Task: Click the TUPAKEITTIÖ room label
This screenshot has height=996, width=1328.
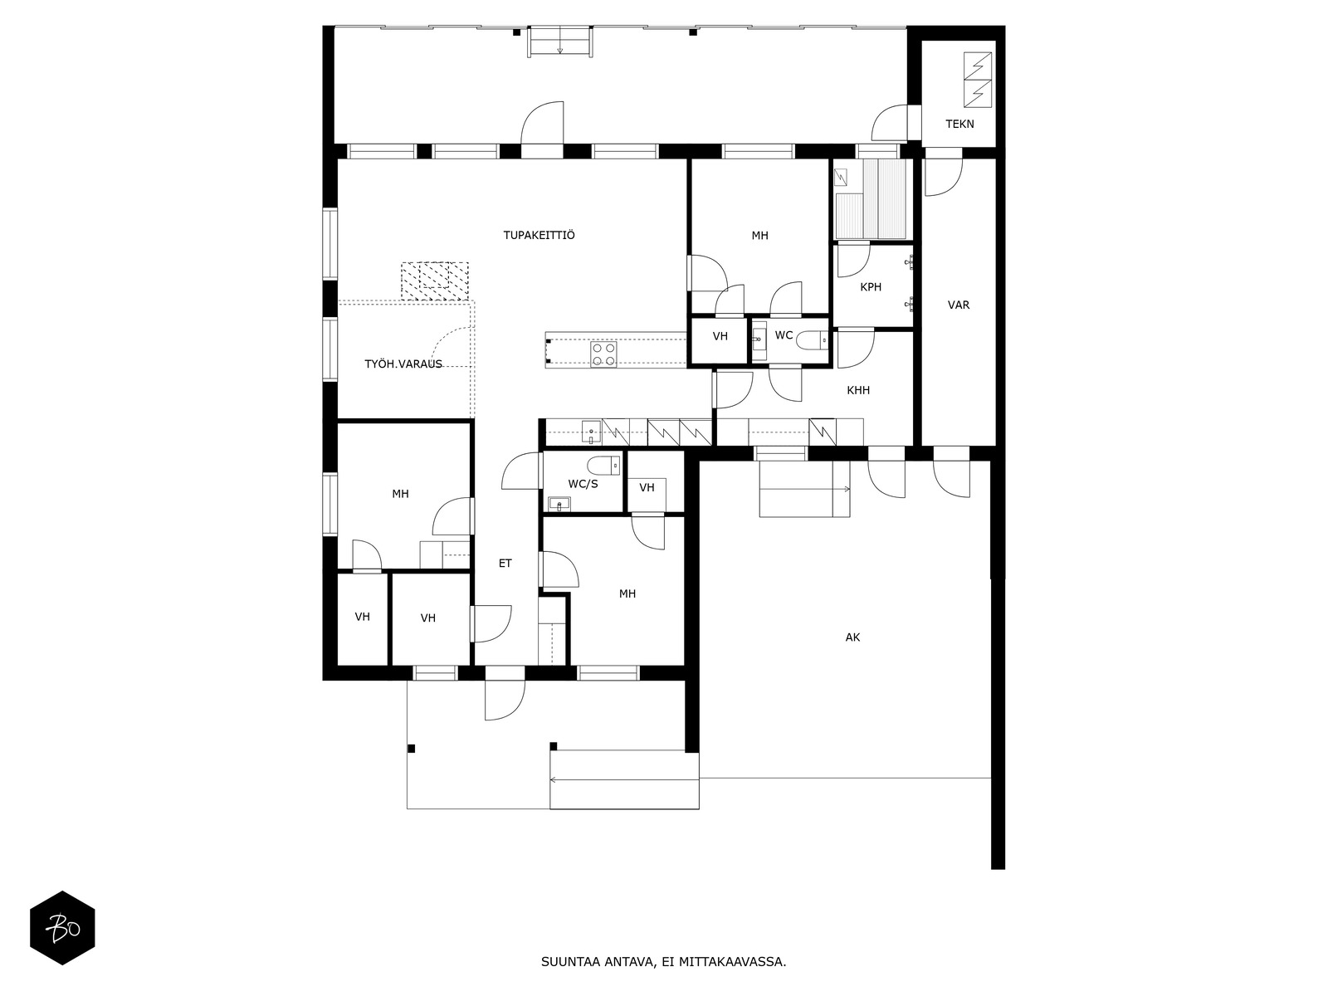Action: click(539, 235)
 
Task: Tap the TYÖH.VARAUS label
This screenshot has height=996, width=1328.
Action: click(403, 364)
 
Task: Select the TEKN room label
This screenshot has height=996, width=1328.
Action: click(959, 124)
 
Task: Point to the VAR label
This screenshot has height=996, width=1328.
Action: click(959, 305)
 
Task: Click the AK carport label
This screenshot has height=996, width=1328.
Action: click(852, 637)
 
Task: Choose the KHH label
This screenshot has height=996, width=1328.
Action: click(858, 390)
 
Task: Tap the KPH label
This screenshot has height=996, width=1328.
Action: click(871, 286)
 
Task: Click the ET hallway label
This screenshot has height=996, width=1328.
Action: click(505, 563)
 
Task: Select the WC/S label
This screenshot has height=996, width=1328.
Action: click(583, 484)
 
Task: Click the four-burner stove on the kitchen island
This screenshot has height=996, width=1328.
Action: click(603, 354)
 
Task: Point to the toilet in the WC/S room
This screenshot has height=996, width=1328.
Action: click(603, 465)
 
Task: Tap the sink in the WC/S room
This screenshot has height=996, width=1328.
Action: click(559, 503)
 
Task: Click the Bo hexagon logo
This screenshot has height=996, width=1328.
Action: click(62, 928)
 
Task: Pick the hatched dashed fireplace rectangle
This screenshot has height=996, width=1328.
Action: click(434, 281)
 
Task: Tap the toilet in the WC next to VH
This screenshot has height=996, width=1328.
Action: click(812, 341)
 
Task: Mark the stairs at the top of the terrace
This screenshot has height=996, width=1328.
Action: click(559, 41)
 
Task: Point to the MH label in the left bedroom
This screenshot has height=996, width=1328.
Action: click(400, 494)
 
